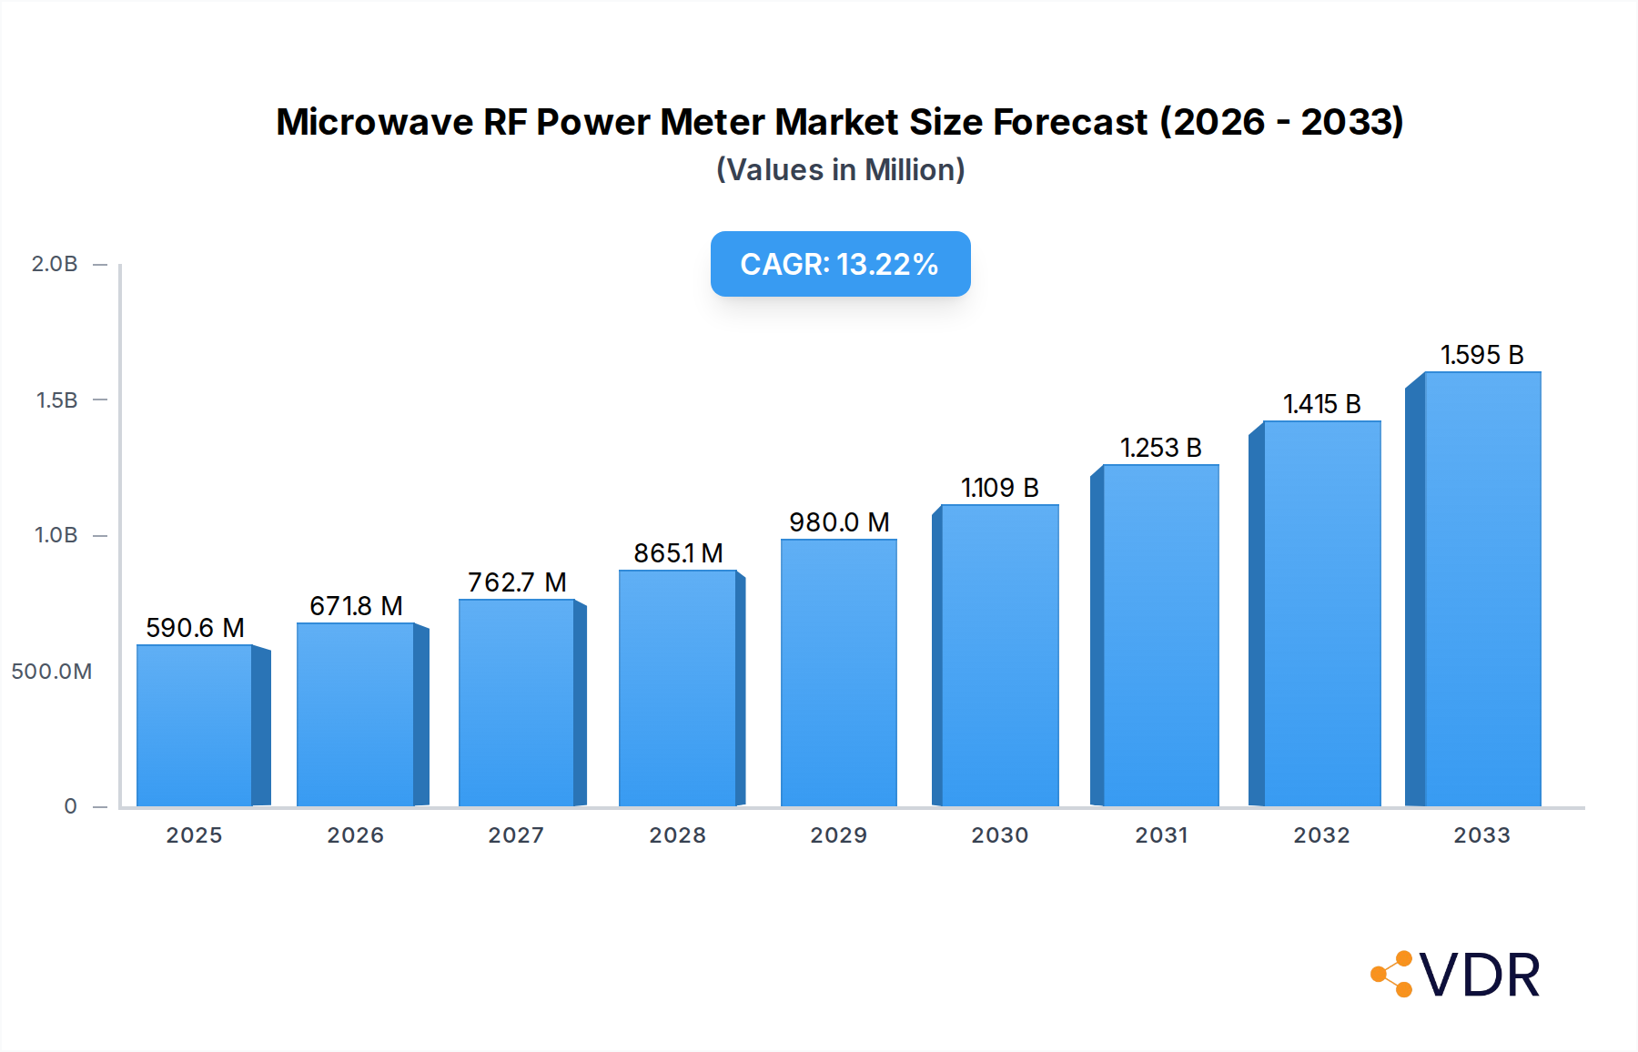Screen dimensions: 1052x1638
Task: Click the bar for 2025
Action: point(195,726)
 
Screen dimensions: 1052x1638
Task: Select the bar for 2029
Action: point(838,673)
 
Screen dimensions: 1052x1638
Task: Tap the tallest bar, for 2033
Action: point(1481,590)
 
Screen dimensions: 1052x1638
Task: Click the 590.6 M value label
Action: point(195,628)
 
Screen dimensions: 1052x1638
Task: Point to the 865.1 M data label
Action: point(678,553)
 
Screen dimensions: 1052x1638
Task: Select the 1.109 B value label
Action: point(999,488)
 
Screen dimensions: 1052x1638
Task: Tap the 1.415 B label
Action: point(1321,404)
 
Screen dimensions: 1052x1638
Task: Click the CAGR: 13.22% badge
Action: point(840,264)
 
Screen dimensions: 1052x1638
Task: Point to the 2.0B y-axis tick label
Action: point(55,264)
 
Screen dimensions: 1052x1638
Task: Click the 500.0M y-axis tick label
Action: point(52,672)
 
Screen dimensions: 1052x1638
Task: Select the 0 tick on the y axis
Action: point(70,806)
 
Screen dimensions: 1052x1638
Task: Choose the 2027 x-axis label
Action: point(516,835)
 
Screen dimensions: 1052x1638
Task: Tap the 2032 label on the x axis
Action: point(1321,835)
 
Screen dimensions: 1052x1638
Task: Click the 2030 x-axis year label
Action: point(999,835)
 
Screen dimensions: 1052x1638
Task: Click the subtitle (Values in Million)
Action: point(840,170)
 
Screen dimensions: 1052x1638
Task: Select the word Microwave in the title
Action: point(375,122)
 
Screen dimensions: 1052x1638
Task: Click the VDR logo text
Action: point(1480,976)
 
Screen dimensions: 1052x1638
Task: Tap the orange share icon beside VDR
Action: point(1392,975)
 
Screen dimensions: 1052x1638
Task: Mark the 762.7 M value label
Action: point(517,582)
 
